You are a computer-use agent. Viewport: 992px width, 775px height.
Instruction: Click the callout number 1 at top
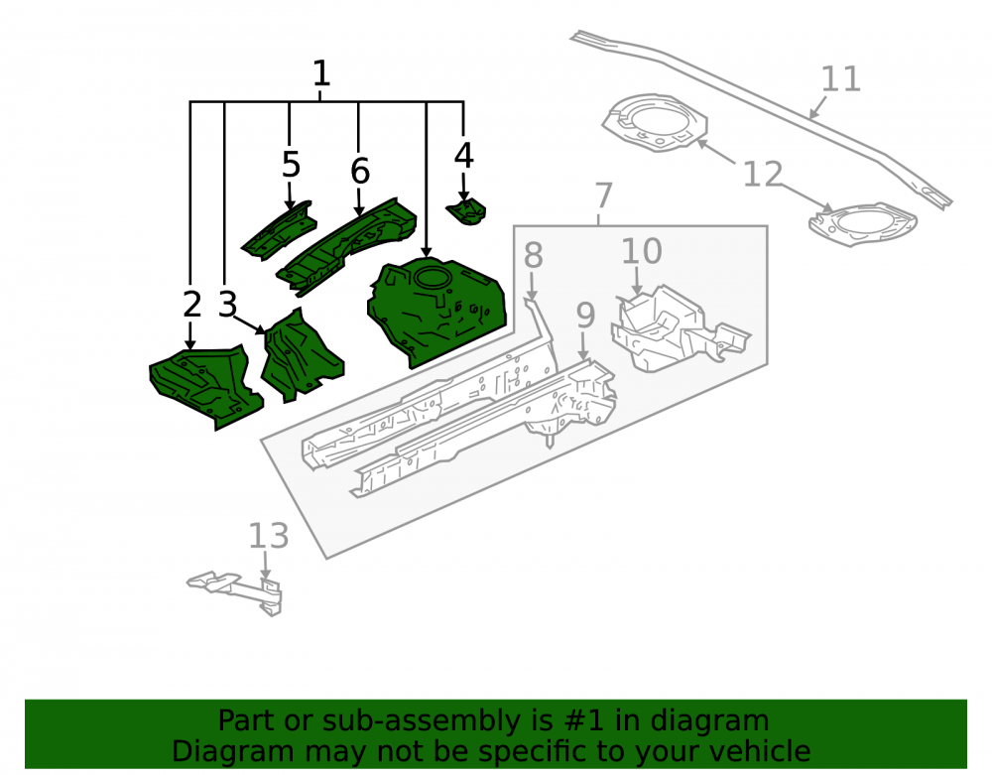pyautogui.click(x=321, y=73)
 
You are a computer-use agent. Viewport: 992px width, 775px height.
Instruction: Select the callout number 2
pyautogui.click(x=191, y=305)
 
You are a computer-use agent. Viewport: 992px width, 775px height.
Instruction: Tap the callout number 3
pyautogui.click(x=228, y=305)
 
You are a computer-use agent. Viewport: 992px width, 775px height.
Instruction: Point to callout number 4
pyautogui.click(x=463, y=156)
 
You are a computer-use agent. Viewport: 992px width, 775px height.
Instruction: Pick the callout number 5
pyautogui.click(x=291, y=165)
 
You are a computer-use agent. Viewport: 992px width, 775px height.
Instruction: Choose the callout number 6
pyautogui.click(x=360, y=171)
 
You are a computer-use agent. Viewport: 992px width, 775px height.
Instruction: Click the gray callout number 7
pyautogui.click(x=604, y=194)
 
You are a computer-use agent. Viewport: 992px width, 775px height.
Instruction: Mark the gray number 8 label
pyautogui.click(x=534, y=255)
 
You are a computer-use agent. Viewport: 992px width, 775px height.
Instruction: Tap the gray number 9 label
pyautogui.click(x=586, y=316)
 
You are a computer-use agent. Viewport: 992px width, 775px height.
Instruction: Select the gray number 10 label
pyautogui.click(x=642, y=252)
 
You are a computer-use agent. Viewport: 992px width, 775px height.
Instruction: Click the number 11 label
pyautogui.click(x=841, y=79)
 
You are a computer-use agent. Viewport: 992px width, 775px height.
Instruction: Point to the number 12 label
pyautogui.click(x=762, y=174)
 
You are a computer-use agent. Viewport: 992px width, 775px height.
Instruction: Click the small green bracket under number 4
pyautogui.click(x=467, y=211)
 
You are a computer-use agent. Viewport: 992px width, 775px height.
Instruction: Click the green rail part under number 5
pyautogui.click(x=279, y=231)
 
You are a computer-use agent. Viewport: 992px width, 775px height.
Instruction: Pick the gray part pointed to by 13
pyautogui.click(x=237, y=589)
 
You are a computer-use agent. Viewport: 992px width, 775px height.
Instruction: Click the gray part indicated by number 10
pyautogui.click(x=677, y=329)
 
